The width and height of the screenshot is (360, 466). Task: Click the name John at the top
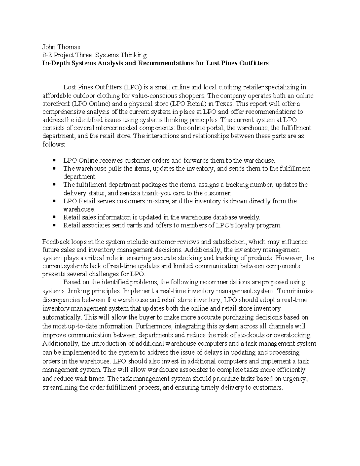pyautogui.click(x=49, y=47)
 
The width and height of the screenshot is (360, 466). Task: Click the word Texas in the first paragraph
pyautogui.click(x=225, y=104)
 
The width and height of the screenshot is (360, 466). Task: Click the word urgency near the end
pyautogui.click(x=296, y=379)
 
